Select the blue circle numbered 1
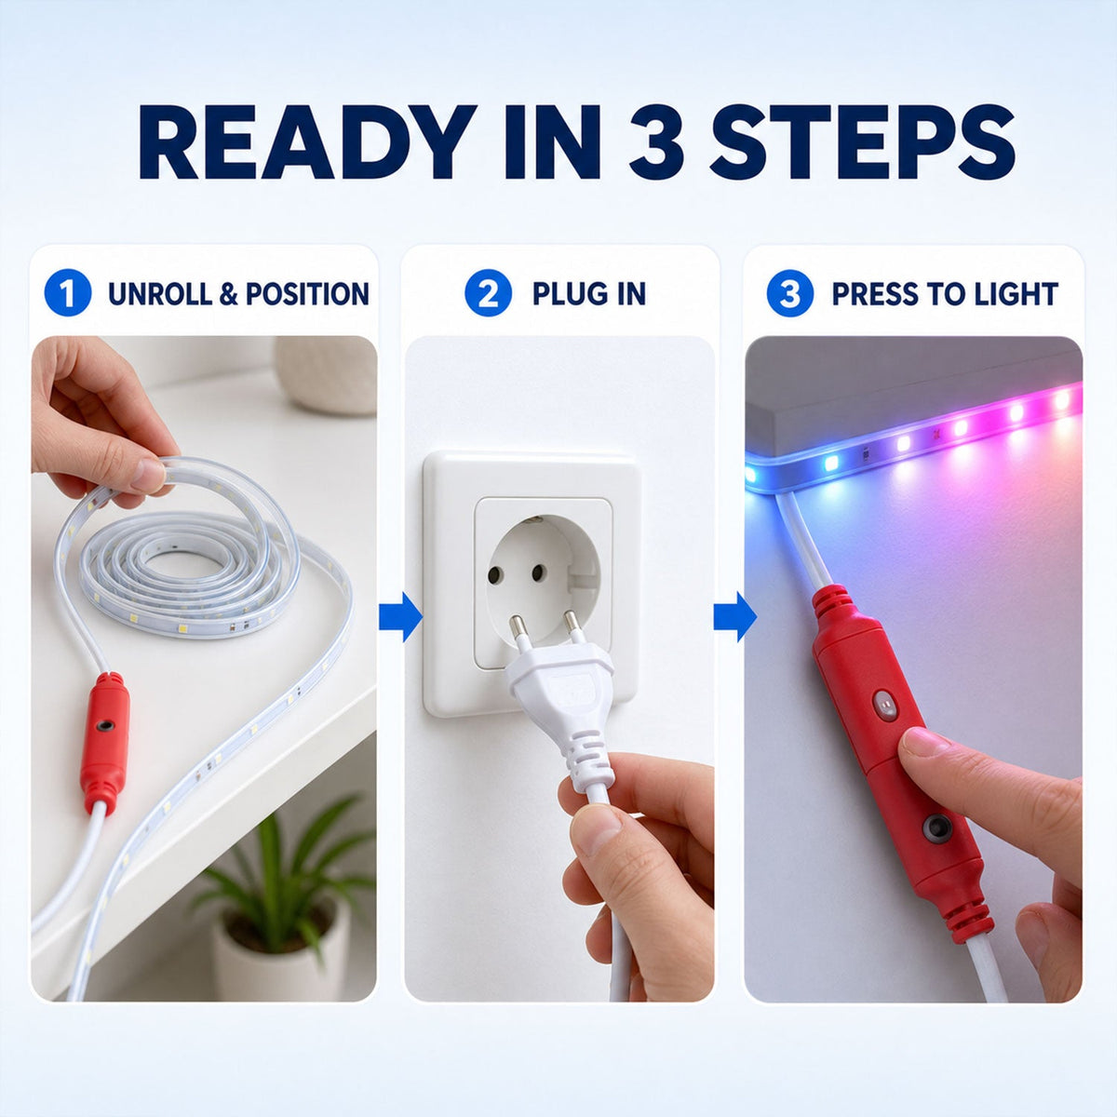(68, 293)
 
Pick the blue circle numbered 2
(488, 293)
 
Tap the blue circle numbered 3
(790, 293)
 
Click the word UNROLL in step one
(160, 294)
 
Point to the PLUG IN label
(589, 294)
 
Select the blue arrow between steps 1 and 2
(400, 617)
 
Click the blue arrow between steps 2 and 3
(735, 617)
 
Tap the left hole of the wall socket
(494, 575)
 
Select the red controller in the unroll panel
(105, 743)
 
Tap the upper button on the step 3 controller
(885, 704)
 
